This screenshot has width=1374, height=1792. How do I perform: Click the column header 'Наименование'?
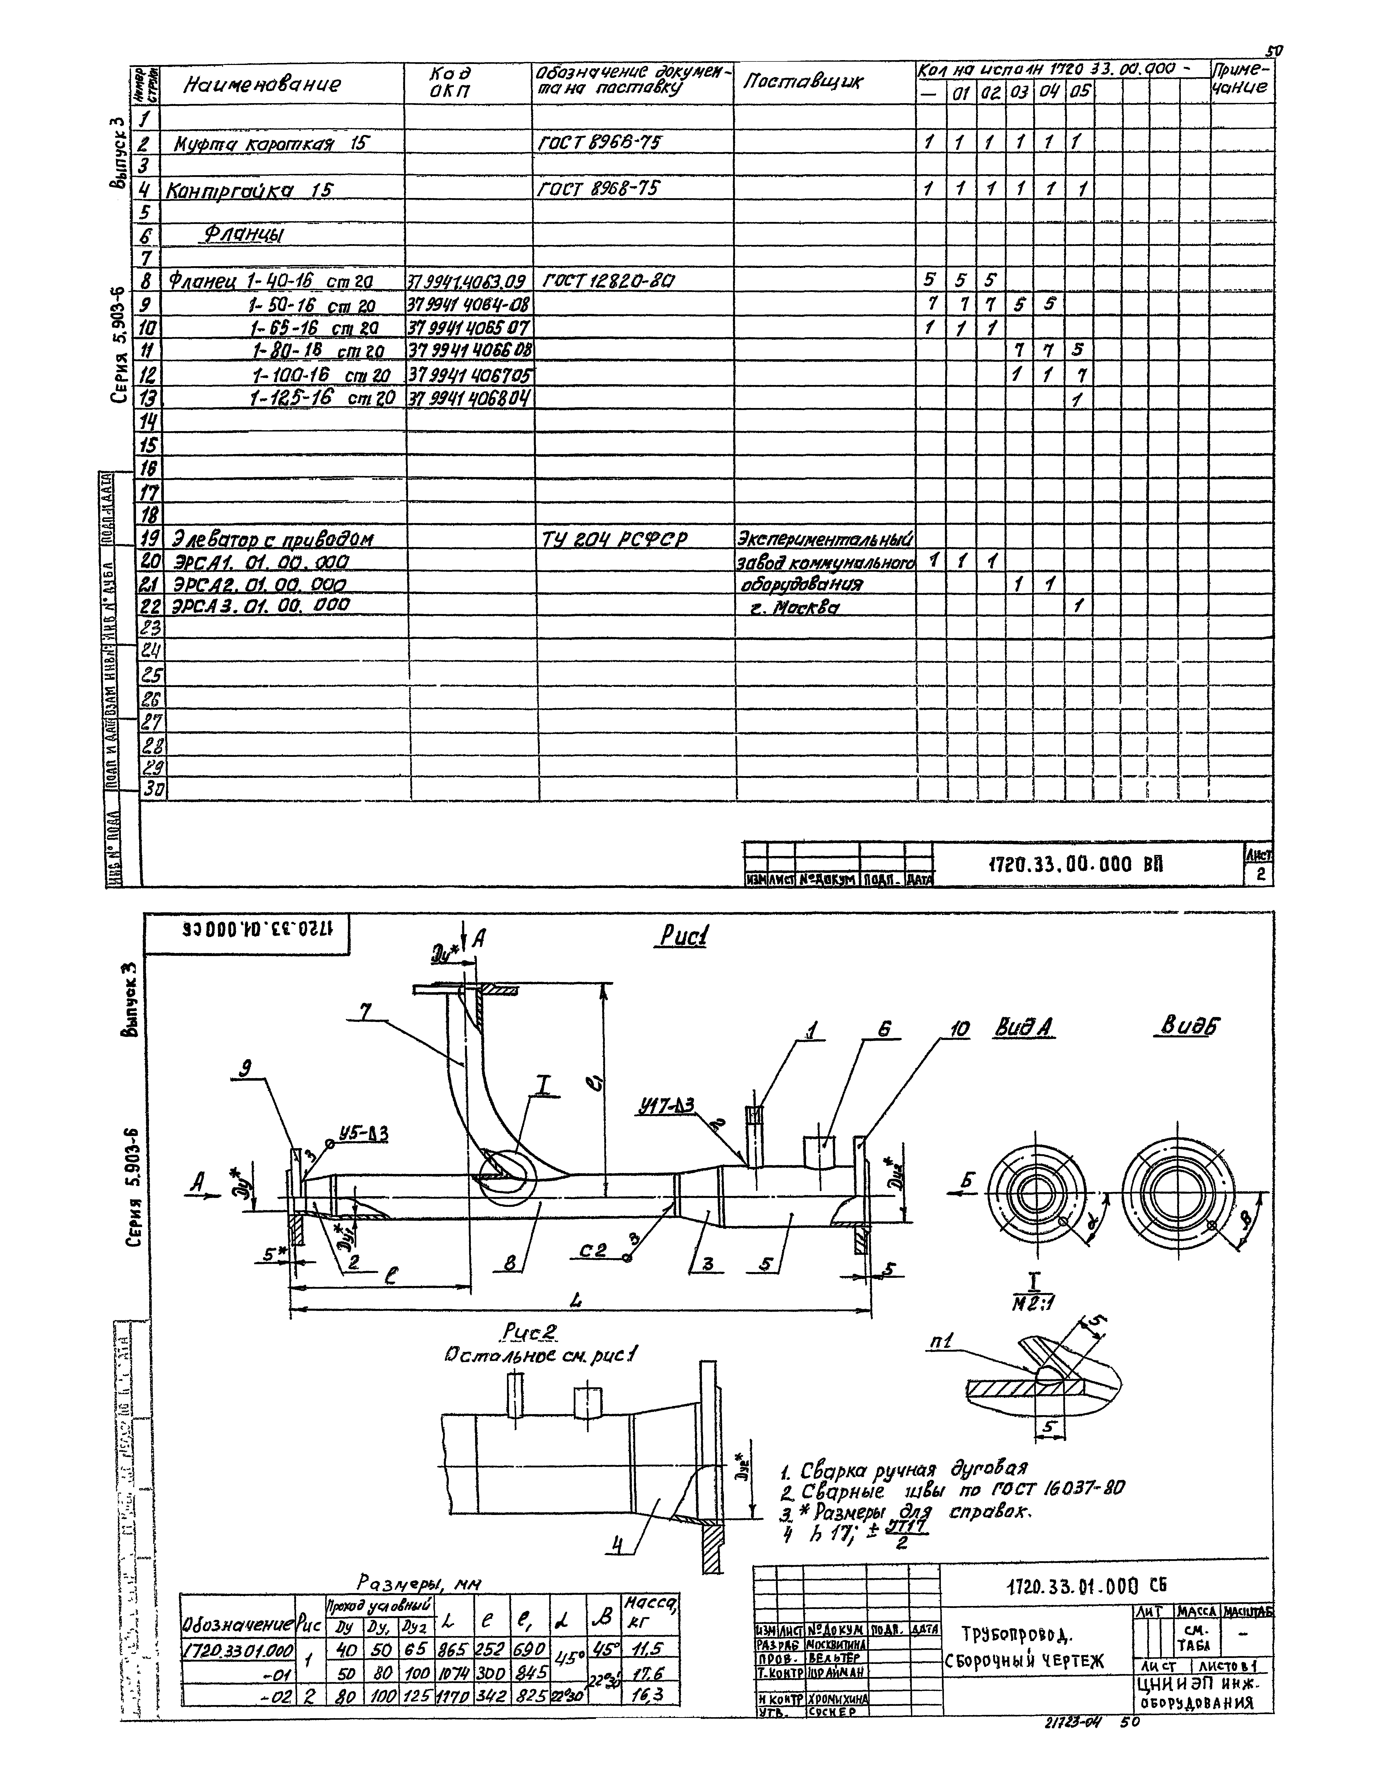[x=262, y=84]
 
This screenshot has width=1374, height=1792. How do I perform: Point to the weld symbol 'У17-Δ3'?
[x=667, y=1106]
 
